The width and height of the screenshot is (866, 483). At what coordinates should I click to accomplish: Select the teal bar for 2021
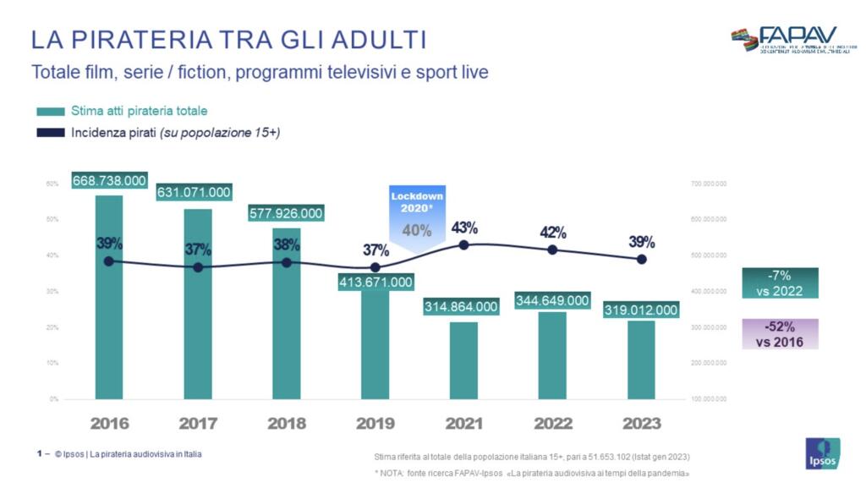point(463,360)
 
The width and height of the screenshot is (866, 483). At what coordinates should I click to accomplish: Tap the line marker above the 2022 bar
point(552,250)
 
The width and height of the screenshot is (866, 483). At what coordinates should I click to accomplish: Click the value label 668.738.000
point(109,180)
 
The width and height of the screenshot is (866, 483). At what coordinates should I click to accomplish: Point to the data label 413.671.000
point(375,282)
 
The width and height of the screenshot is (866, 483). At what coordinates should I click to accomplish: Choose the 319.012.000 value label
point(641,310)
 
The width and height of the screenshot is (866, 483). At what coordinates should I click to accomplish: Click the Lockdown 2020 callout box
point(416,216)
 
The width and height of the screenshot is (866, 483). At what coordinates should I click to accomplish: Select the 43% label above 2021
point(464,228)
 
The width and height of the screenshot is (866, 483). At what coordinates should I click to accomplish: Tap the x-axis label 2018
point(287,424)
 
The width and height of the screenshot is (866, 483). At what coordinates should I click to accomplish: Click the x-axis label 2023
point(641,424)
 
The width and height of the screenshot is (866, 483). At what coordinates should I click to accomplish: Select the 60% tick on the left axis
point(52,184)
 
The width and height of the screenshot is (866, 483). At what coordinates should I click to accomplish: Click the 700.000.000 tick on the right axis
point(709,184)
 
